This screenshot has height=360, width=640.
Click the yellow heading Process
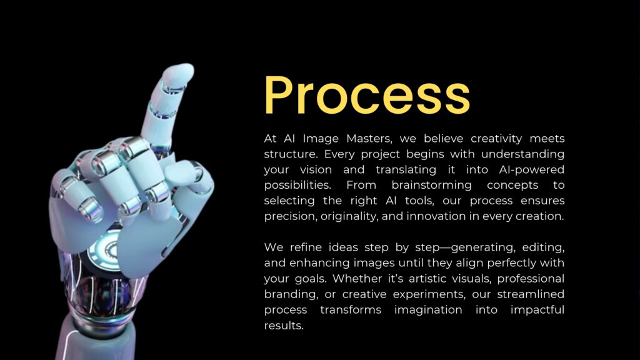[x=367, y=95]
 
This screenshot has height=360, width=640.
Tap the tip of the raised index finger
[x=181, y=70]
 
